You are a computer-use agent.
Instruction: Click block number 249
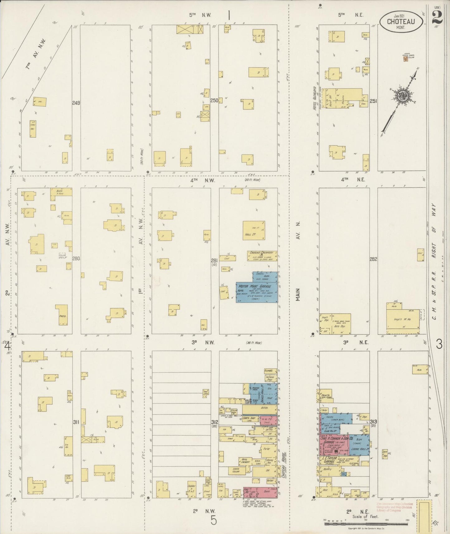pos(76,103)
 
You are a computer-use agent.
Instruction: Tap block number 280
pos(76,258)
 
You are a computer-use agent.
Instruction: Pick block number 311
pos(76,422)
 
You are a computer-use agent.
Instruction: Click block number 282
pos(374,259)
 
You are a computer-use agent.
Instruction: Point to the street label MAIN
pos(298,294)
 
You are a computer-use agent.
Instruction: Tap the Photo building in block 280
pos(61,315)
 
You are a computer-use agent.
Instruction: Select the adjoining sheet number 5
pos(213,521)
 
